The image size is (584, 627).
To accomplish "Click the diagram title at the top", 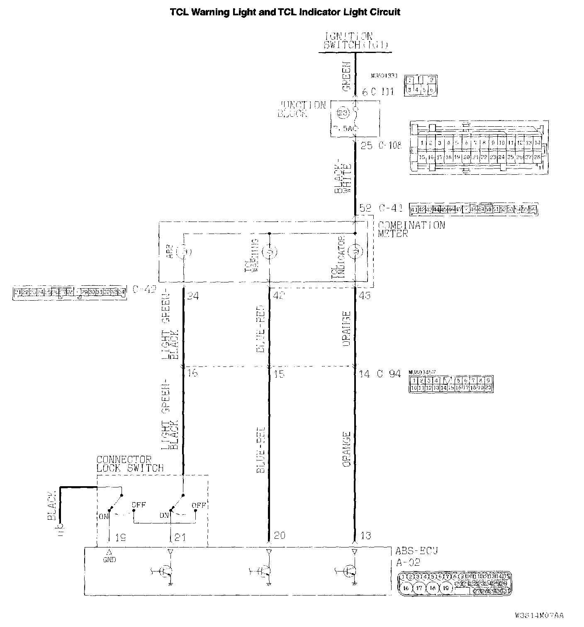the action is point(285,12).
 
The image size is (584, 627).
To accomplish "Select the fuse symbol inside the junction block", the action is point(344,113).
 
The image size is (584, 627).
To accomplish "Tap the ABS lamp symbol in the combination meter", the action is point(183,251).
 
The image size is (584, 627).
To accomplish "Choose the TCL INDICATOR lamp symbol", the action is point(355,251).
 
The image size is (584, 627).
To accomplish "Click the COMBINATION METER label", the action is point(411,229).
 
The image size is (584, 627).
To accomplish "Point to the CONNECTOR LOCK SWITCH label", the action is point(130,464).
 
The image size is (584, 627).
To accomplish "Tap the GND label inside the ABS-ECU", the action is point(109,559).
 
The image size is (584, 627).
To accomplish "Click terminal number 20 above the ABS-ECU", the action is point(280,535).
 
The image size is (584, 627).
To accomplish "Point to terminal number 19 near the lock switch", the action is point(120,538).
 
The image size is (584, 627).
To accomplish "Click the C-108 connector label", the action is point(390,146).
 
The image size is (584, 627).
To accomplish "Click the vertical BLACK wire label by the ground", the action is point(52,506).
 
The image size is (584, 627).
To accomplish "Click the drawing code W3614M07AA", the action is point(539,615).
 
